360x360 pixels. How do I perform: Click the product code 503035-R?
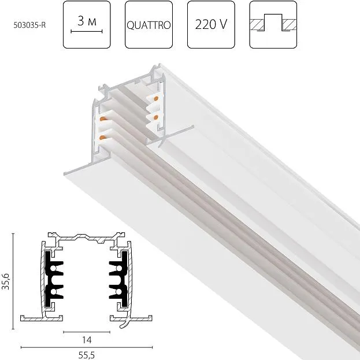coord(29,25)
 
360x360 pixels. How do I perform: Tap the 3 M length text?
coord(87,21)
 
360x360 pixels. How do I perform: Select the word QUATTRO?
coord(149,25)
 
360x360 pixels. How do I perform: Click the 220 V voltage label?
coord(211,24)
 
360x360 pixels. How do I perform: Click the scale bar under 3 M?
coord(87,31)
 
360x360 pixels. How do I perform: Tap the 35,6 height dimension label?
coord(6,281)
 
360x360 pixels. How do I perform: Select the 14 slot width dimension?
coord(87,340)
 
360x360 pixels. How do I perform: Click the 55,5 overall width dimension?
coord(86,355)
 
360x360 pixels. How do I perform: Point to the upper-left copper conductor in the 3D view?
coord(103,119)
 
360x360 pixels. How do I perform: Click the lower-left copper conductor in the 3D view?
coord(103,138)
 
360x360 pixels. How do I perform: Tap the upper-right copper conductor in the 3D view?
coord(156,99)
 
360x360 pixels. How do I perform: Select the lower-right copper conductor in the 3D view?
coord(156,118)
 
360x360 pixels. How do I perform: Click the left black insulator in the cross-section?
coord(54,279)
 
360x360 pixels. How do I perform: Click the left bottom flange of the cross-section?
coord(42,318)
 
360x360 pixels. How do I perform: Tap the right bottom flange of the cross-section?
coord(131,318)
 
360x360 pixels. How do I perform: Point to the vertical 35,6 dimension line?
coord(13,281)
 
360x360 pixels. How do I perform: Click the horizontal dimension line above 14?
coord(87,332)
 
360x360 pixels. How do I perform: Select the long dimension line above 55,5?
coord(87,347)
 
